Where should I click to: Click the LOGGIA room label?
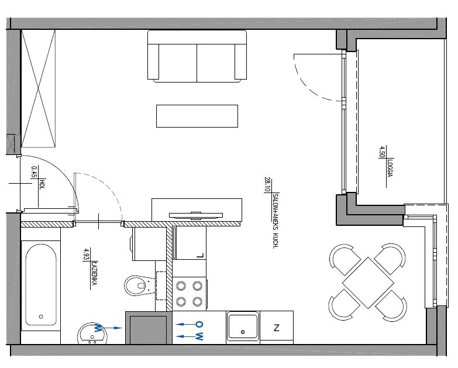pos(390,167)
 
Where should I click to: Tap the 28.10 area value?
pos(267,184)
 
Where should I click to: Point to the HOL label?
pos(42,184)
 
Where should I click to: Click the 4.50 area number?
pos(381,152)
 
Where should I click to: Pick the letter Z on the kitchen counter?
pos(276,328)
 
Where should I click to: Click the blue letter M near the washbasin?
pos(98,328)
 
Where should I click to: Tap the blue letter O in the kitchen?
pos(199,324)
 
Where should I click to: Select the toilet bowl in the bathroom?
pos(140,286)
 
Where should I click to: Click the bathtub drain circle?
pos(41,317)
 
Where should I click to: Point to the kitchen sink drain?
pos(243,332)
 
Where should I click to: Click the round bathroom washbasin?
pos(92,333)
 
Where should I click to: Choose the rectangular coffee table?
pos(197,116)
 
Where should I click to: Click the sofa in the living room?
pos(197,56)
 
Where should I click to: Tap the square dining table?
pos(368,283)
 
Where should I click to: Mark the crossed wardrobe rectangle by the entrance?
pos(38,88)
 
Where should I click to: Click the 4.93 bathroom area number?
pos(86,254)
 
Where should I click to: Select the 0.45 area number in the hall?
pos(34,172)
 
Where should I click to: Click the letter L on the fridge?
pos(200,256)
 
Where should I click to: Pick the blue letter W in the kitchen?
pos(199,336)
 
